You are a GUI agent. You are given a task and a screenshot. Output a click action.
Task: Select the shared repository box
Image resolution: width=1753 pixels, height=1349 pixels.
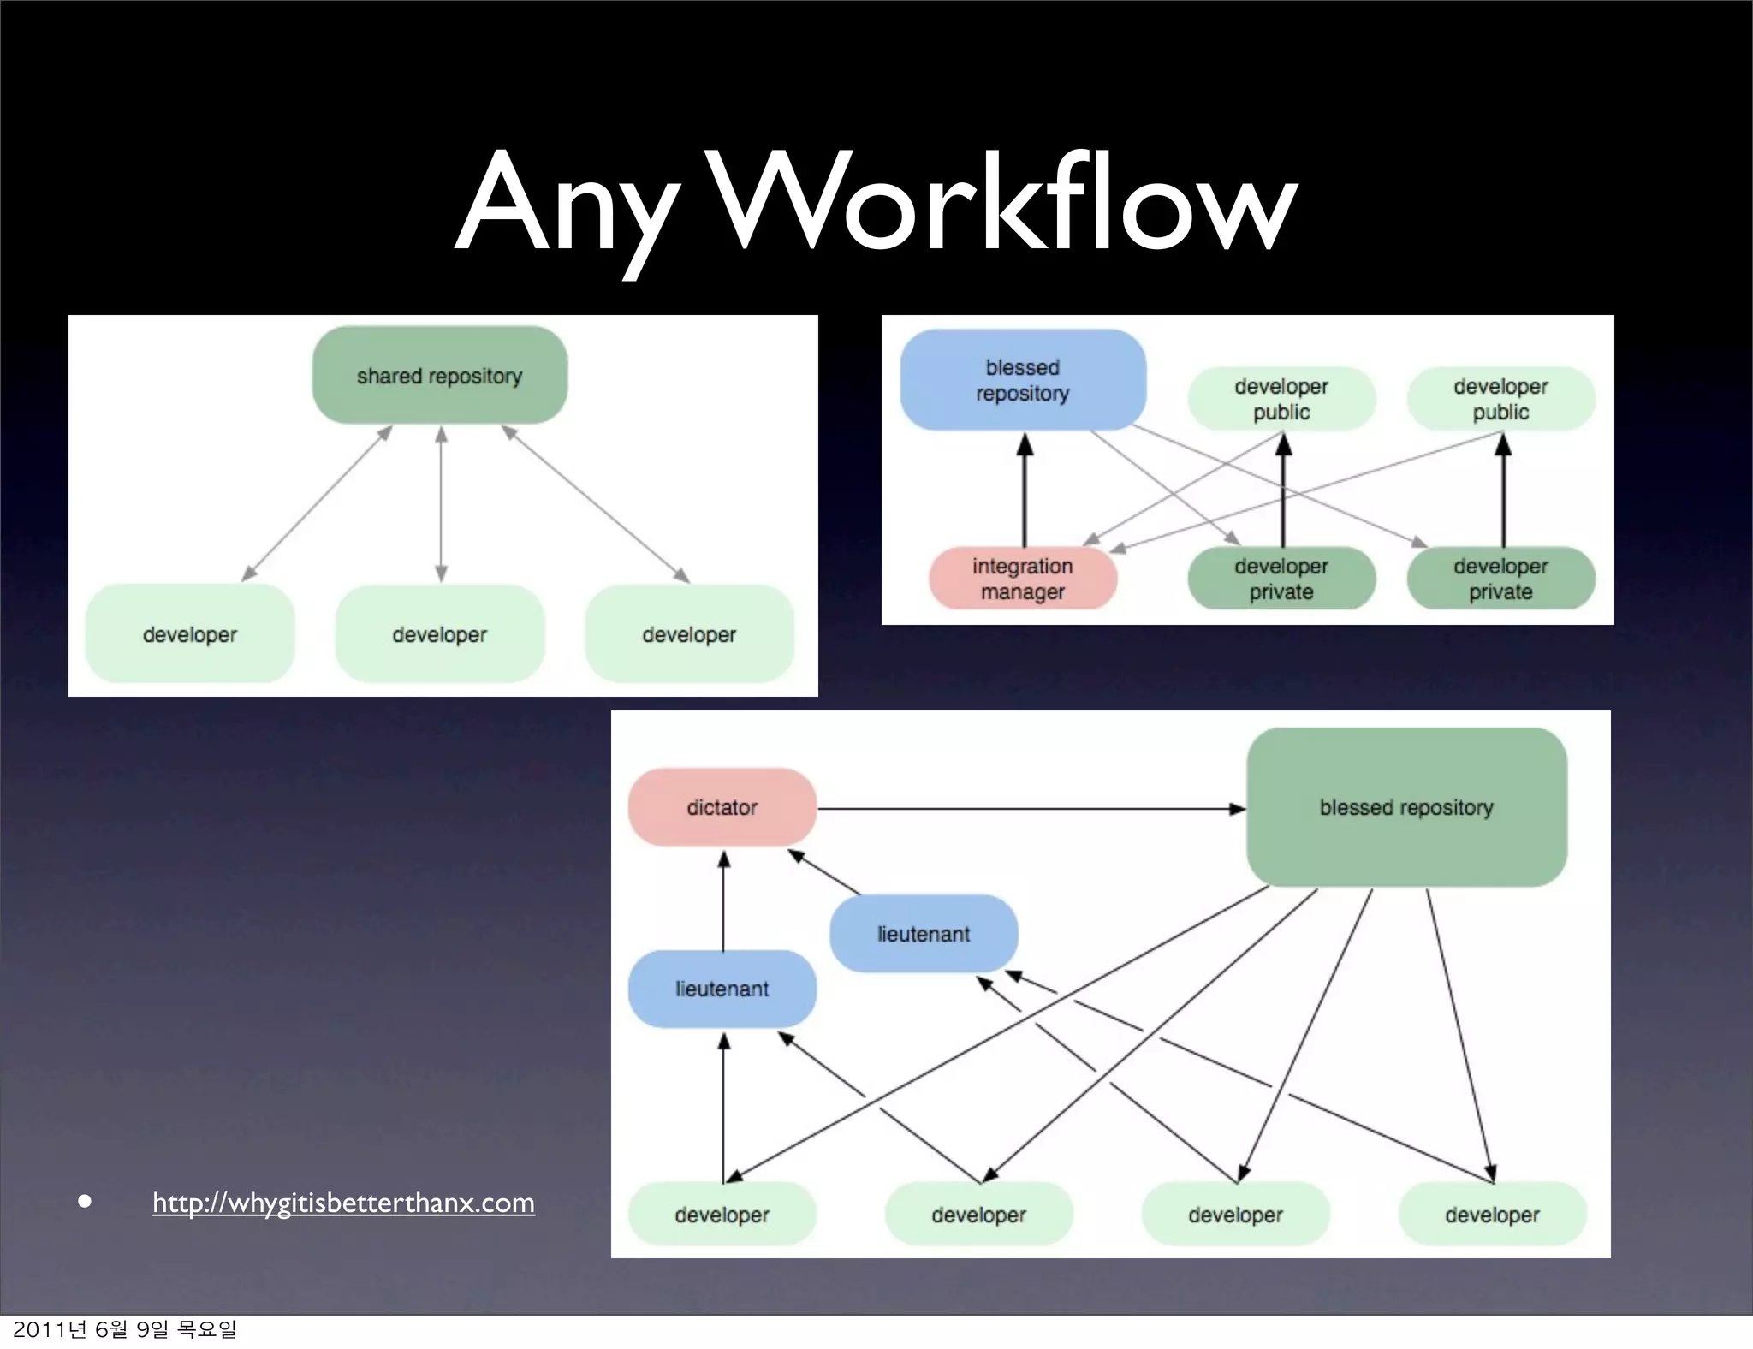[439, 376]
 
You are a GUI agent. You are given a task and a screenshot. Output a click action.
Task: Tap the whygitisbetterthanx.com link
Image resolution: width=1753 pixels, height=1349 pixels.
[343, 1203]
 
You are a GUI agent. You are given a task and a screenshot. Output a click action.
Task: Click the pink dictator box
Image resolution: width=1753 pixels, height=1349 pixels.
[722, 807]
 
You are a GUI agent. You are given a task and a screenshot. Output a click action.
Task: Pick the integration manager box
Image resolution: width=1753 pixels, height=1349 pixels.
[1023, 579]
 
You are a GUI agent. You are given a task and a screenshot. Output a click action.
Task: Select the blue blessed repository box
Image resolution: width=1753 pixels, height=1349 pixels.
[1023, 380]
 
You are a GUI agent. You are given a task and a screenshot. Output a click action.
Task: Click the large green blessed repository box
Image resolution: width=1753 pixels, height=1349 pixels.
[1406, 807]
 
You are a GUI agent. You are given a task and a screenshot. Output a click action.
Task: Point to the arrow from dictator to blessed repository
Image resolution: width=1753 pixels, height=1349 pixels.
[1027, 809]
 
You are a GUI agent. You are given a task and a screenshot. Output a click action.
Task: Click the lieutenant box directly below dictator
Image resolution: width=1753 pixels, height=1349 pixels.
[722, 989]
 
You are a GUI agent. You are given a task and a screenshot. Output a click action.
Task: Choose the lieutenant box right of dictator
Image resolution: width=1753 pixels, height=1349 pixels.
[924, 934]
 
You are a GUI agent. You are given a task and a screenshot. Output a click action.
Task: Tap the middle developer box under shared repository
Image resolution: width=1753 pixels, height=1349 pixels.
[439, 634]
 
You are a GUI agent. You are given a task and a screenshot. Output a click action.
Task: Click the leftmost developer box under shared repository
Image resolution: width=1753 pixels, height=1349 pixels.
[189, 634]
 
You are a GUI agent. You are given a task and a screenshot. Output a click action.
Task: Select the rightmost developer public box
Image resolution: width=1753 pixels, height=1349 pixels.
[1500, 399]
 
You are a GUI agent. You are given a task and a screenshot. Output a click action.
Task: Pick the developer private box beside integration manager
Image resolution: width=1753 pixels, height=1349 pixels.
[1281, 579]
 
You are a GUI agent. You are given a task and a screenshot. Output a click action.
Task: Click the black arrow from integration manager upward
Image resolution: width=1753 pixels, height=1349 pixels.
[1025, 492]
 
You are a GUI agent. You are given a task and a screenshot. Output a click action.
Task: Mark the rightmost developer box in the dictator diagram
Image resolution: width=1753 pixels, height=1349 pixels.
[1492, 1214]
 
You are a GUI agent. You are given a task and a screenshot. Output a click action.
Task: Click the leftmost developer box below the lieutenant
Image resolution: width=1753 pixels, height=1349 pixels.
[722, 1214]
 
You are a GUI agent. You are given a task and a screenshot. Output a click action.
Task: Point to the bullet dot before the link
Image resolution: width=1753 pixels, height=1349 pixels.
[84, 1201]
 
